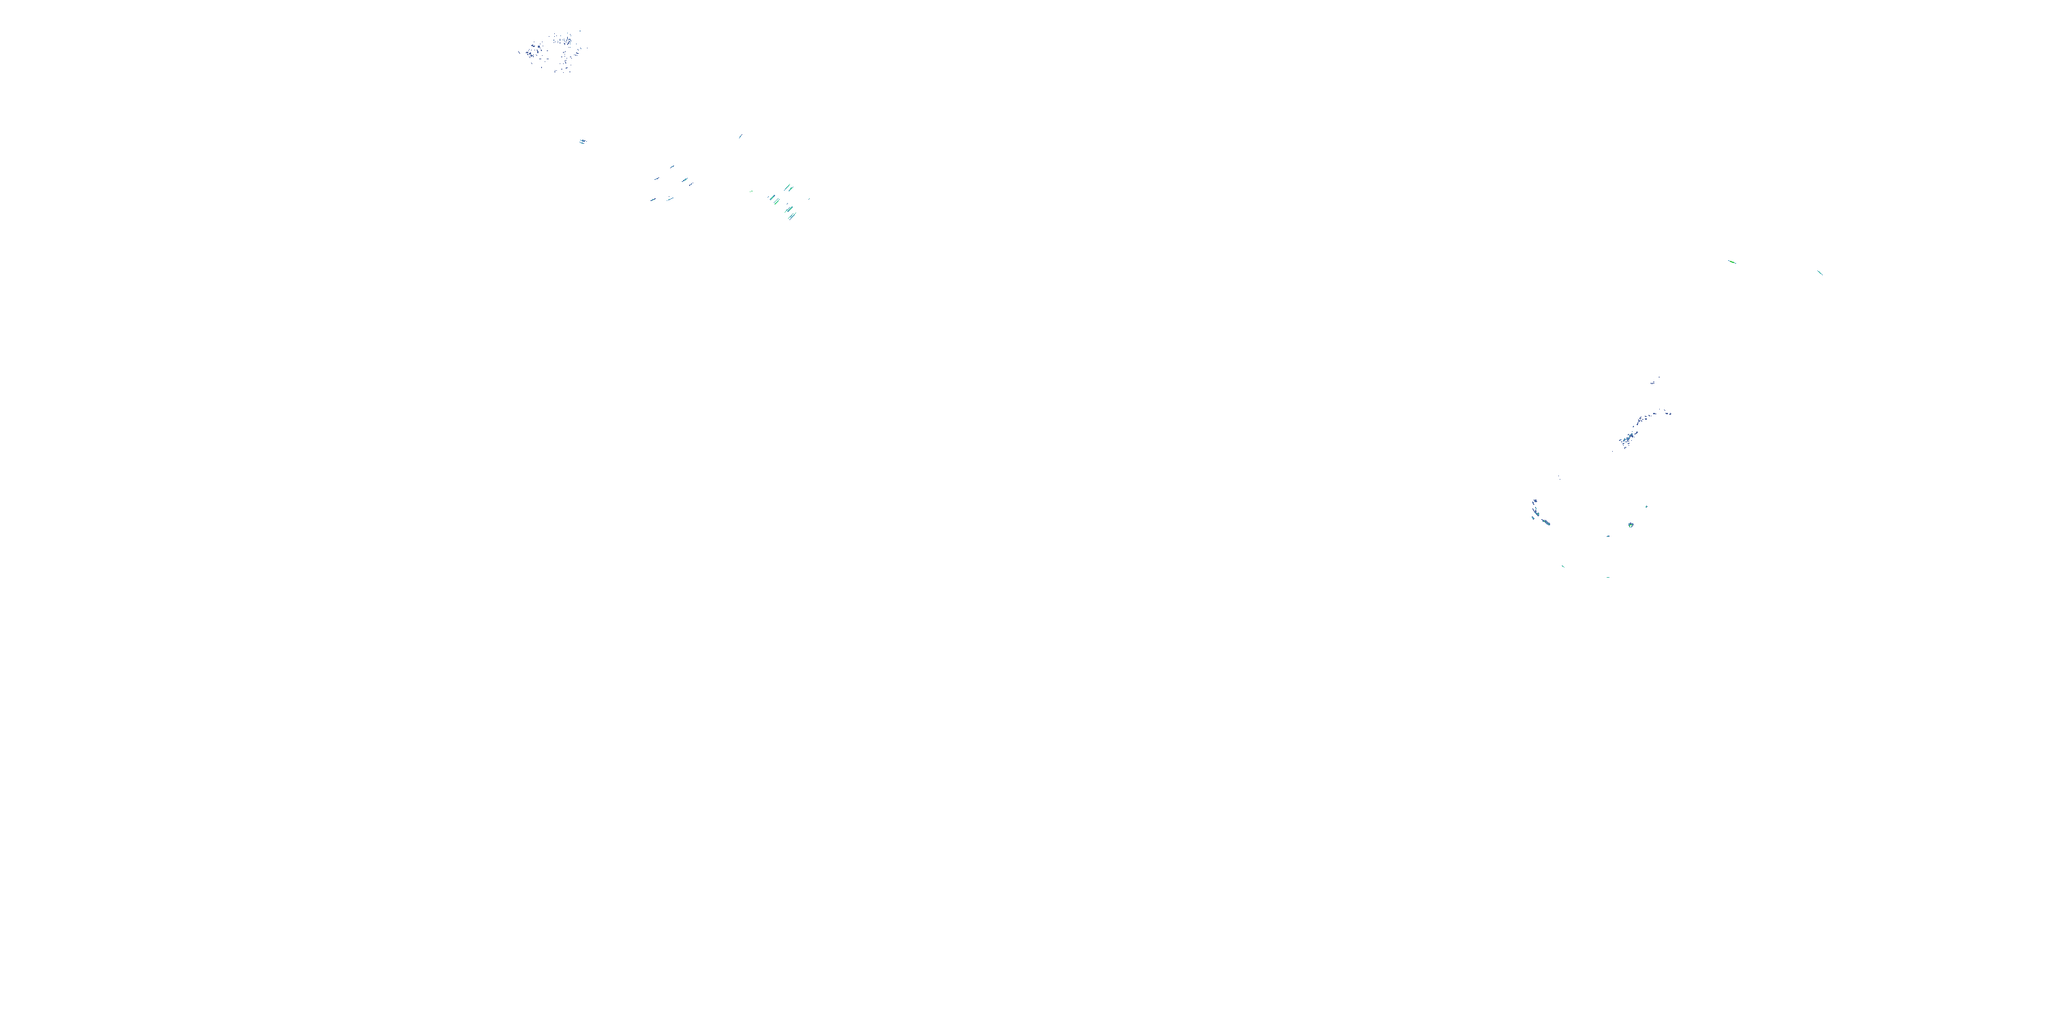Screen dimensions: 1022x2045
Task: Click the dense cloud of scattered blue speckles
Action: (554, 52)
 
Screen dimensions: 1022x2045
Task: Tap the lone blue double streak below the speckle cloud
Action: (582, 141)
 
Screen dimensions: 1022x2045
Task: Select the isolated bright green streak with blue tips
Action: (1731, 262)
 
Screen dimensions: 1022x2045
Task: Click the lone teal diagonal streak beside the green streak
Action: (1819, 273)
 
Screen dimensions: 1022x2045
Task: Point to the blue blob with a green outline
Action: (1631, 525)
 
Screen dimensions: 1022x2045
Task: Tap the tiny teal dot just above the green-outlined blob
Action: (1646, 506)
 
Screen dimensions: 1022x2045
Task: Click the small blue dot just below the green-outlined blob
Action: (1608, 536)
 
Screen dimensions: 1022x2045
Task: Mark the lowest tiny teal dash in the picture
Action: (1608, 577)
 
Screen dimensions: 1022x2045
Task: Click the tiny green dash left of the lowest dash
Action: (1563, 566)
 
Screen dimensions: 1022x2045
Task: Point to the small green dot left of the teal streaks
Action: (751, 191)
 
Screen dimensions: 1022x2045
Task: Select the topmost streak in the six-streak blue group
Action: (671, 167)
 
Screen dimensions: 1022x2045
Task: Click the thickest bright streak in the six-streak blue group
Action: (684, 180)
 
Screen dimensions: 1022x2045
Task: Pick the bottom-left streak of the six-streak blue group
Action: (652, 200)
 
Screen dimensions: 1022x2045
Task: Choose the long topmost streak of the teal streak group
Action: (787, 188)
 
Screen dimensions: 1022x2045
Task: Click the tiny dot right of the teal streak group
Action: (808, 198)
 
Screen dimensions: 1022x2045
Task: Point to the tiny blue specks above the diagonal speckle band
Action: (1654, 382)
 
